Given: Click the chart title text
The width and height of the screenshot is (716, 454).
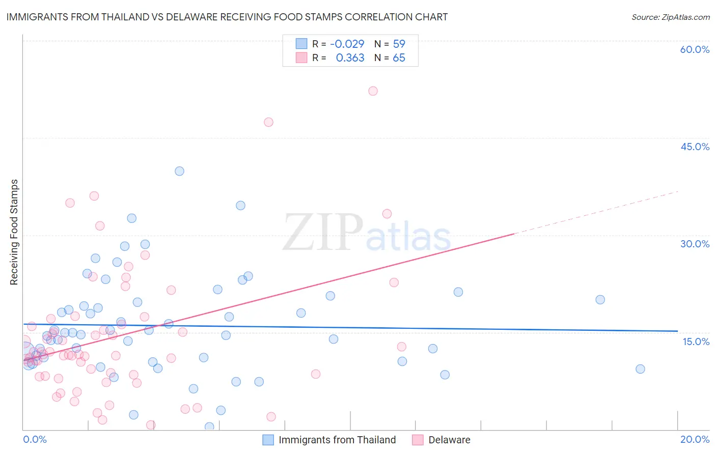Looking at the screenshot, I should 227,17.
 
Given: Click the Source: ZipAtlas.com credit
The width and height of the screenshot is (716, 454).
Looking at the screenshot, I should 670,17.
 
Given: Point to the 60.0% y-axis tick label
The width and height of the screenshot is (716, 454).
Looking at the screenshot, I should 695,49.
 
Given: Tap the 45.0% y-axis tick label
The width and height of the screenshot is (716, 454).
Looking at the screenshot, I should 695,147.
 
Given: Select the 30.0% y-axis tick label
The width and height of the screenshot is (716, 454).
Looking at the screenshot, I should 695,244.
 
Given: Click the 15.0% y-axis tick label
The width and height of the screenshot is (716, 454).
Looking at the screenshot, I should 696,342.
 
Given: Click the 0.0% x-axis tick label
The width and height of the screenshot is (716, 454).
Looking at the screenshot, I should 35,439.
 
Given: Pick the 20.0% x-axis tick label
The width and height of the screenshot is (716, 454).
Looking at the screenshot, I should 695,439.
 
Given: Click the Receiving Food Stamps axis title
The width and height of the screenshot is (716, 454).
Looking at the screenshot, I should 14,232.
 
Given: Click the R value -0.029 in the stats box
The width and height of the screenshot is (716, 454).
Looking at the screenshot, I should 347,44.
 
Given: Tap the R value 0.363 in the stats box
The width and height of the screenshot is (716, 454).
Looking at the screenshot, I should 350,58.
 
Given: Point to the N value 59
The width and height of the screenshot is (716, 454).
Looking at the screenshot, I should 399,44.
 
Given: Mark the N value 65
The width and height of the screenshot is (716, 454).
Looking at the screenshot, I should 399,58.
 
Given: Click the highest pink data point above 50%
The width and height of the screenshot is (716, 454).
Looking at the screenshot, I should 373,91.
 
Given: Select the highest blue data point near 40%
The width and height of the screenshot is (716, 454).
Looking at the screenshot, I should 179,171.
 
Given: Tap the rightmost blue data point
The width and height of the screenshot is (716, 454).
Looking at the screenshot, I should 640,369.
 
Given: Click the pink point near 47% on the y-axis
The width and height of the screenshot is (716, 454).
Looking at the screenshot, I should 268,122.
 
